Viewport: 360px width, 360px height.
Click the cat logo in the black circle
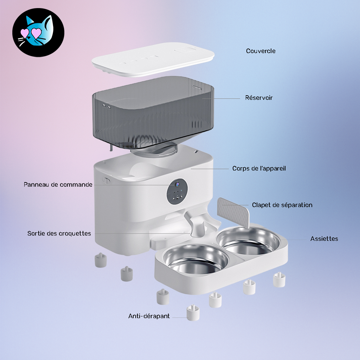[x=38, y=32]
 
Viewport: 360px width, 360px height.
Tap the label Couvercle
[x=261, y=51]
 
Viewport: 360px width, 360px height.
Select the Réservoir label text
[x=259, y=98]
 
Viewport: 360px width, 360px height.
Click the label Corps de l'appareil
[x=259, y=168]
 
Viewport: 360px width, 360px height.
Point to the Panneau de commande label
[x=58, y=185]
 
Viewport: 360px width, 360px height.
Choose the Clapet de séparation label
[x=282, y=205]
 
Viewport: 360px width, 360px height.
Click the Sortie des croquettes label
[x=59, y=233]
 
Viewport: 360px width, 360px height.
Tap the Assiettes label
[x=324, y=239]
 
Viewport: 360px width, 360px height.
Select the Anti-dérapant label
[x=149, y=316]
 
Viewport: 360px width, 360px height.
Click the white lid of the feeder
[x=153, y=59]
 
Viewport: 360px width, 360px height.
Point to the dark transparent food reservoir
[x=153, y=112]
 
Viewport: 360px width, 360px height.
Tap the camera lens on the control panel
[x=177, y=184]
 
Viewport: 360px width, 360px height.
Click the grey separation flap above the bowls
[x=233, y=212]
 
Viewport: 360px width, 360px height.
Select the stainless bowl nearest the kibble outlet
[x=196, y=259]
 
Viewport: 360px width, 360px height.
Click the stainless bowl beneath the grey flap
[x=249, y=242]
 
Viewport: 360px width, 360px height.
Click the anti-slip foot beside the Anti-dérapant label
[x=193, y=313]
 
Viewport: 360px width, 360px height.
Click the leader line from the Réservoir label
[x=221, y=98]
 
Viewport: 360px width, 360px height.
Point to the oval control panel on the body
[x=177, y=192]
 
